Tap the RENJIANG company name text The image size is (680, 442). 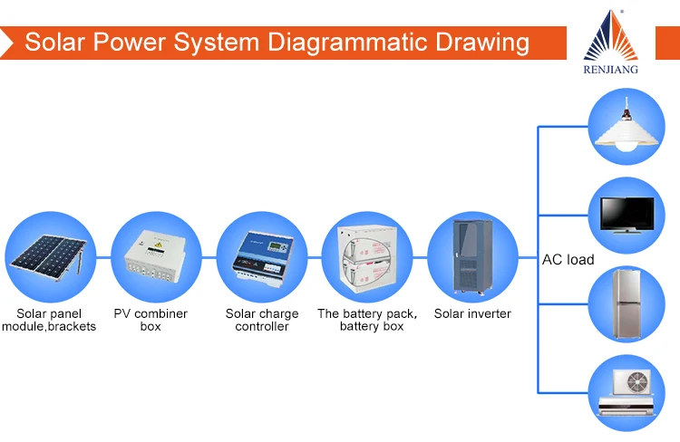(x=610, y=70)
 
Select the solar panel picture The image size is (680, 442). (x=49, y=258)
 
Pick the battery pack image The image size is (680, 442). (x=368, y=259)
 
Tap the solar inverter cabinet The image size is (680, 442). (x=472, y=255)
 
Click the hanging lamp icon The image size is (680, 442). (x=627, y=125)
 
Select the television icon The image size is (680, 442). (x=627, y=216)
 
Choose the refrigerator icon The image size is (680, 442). (x=627, y=303)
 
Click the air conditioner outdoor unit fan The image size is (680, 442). (x=637, y=382)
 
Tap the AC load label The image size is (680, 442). (x=568, y=260)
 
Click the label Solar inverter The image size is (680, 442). (x=472, y=313)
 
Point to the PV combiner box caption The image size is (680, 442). (x=151, y=320)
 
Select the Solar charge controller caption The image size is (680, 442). (x=262, y=320)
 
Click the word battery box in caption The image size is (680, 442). (x=372, y=326)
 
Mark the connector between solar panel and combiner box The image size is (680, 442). (x=103, y=258)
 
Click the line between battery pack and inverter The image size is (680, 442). (x=420, y=258)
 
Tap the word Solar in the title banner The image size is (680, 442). (x=54, y=43)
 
